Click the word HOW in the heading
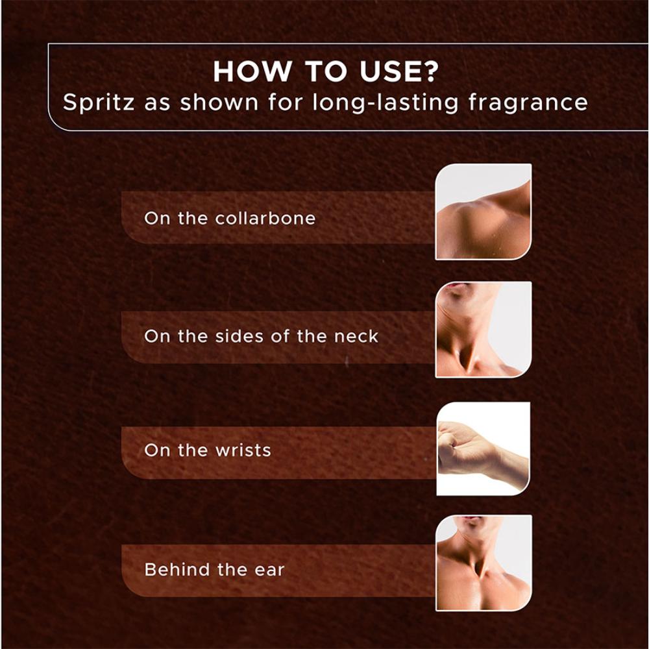point(252,71)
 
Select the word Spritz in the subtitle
point(99,103)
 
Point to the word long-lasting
point(386,103)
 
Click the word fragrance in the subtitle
point(528,103)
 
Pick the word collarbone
point(265,218)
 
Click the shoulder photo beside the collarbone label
point(484,212)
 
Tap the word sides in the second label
point(239,336)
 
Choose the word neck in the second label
point(356,336)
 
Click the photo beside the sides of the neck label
point(484,330)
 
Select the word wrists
point(243,450)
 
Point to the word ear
point(269,570)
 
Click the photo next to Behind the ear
point(484,563)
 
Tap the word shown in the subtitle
point(219,103)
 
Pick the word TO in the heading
point(325,71)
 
